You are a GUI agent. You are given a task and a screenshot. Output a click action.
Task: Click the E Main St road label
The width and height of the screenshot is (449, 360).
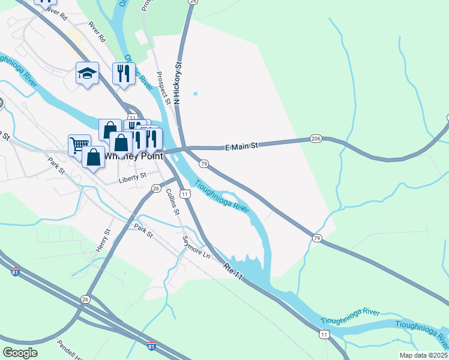[241, 146]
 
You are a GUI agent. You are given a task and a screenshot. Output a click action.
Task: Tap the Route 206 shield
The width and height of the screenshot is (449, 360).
[316, 139]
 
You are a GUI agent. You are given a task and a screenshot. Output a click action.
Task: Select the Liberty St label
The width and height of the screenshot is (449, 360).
[133, 176]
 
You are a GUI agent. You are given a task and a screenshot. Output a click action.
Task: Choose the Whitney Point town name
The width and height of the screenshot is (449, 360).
[133, 156]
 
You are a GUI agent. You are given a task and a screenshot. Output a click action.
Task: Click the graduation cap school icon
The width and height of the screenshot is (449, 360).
[87, 74]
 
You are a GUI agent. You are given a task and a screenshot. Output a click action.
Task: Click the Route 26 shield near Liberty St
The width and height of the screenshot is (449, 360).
[156, 188]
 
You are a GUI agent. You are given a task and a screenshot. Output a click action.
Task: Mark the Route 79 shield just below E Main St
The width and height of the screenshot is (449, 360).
[203, 163]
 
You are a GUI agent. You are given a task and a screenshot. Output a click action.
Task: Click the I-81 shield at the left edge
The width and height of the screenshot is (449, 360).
[16, 272]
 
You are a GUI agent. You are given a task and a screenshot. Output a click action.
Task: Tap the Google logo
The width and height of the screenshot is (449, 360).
[20, 353]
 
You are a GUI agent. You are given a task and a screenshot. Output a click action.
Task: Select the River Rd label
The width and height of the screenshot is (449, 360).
[96, 31]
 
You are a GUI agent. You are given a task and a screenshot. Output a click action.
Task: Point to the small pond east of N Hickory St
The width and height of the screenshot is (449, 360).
[195, 94]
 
